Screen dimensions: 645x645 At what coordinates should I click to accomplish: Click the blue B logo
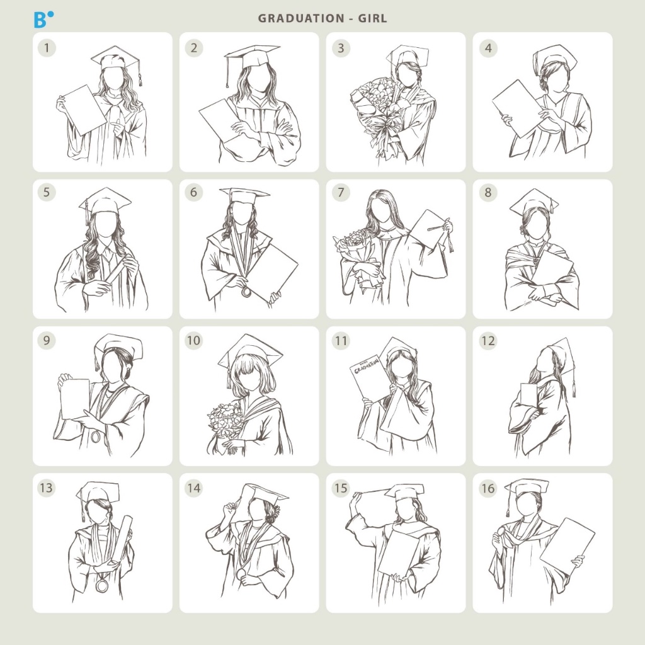pyautogui.click(x=43, y=20)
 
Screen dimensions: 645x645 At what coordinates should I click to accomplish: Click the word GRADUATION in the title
pyautogui.click(x=301, y=18)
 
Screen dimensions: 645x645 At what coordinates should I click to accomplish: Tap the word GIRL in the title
pyautogui.click(x=372, y=18)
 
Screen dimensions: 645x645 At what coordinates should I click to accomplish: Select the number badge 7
pyautogui.click(x=341, y=192)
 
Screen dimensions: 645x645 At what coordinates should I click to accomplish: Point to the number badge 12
pyautogui.click(x=488, y=341)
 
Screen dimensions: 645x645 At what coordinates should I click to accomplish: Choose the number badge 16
pyautogui.click(x=488, y=488)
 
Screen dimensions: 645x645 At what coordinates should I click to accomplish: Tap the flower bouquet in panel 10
pyautogui.click(x=225, y=426)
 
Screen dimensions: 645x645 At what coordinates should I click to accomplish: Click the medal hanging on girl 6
pyautogui.click(x=246, y=291)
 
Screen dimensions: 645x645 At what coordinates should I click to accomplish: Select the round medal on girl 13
pyautogui.click(x=101, y=585)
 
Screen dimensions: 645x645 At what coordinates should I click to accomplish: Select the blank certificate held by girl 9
pyautogui.click(x=75, y=399)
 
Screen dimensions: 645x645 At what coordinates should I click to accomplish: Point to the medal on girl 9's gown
pyautogui.click(x=96, y=437)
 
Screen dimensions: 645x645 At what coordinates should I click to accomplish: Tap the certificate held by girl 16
pyautogui.click(x=568, y=546)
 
